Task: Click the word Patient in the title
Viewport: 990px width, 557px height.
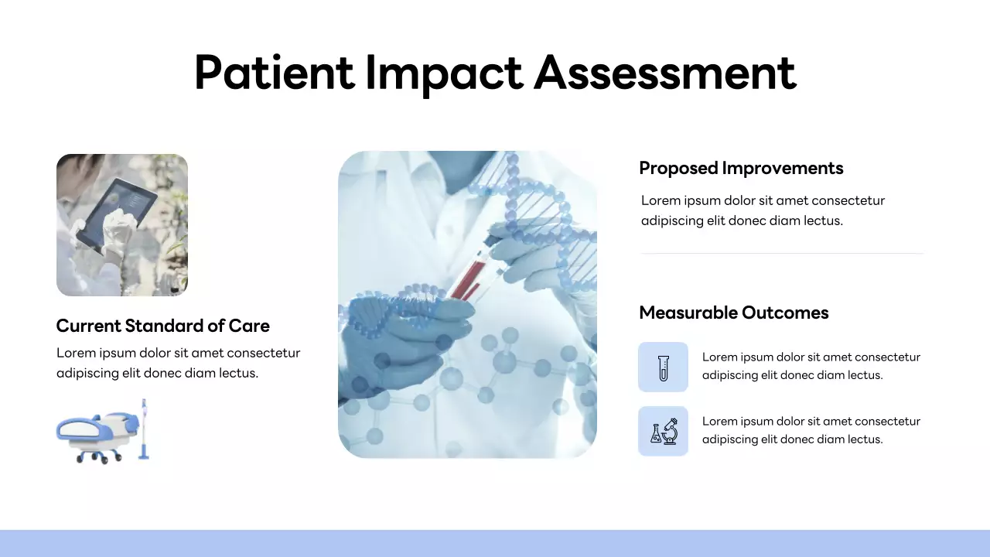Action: [x=274, y=73]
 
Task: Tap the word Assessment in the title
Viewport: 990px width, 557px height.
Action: [x=665, y=73]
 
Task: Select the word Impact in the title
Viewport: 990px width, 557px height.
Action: [x=443, y=73]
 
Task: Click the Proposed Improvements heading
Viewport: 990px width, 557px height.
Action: [x=741, y=168]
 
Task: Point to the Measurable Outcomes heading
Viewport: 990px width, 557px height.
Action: [x=733, y=313]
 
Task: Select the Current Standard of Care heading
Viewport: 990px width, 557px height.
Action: [x=162, y=326]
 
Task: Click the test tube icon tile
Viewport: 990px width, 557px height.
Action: [x=663, y=367]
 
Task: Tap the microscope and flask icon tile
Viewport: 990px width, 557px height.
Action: [x=663, y=431]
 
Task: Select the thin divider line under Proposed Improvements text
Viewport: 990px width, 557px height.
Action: [x=781, y=253]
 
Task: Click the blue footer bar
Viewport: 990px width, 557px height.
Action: [x=495, y=543]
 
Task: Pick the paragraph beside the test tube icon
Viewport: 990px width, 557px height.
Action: [x=811, y=366]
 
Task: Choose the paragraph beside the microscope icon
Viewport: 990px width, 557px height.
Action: [x=811, y=430]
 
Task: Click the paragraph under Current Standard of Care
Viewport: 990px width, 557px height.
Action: [x=178, y=363]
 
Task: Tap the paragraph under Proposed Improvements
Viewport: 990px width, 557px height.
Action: [x=762, y=210]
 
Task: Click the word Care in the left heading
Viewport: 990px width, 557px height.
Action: [x=249, y=326]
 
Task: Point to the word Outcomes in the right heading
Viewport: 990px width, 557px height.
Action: [x=784, y=313]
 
